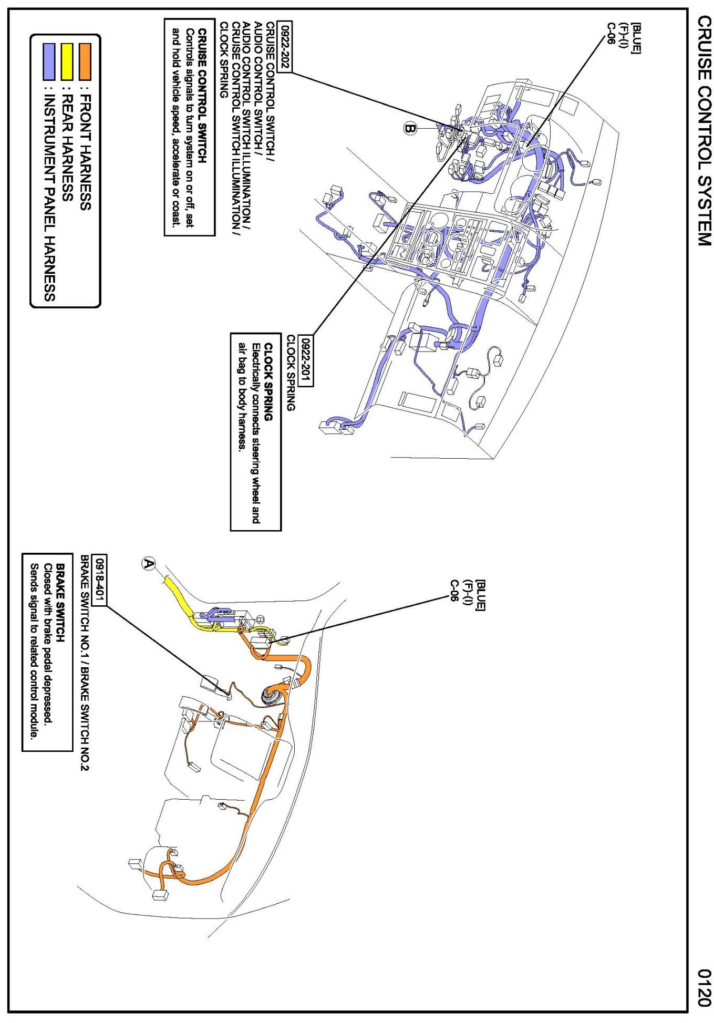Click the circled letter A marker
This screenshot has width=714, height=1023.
click(149, 564)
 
